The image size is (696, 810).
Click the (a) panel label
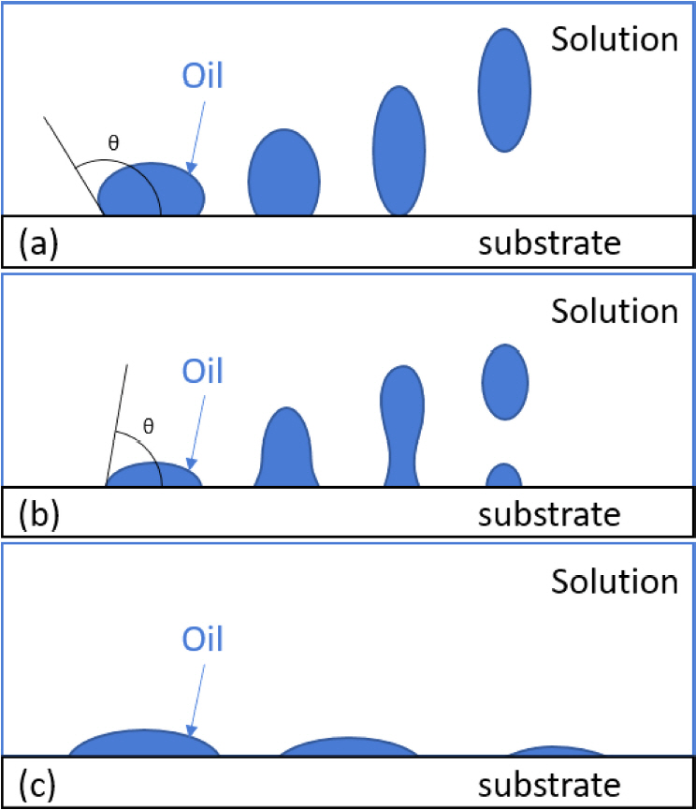(x=38, y=245)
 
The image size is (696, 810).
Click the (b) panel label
(x=38, y=515)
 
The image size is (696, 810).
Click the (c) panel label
(x=38, y=783)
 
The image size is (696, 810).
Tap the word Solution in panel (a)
(x=614, y=40)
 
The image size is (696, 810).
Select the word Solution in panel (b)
(x=614, y=311)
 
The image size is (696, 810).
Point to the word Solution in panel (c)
(x=614, y=582)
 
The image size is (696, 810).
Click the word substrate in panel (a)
(x=550, y=244)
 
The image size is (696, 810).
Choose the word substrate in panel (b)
(x=550, y=514)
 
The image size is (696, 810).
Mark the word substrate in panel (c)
(x=550, y=783)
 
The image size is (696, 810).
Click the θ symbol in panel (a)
(x=113, y=144)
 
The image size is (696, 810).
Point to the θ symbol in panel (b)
(x=148, y=426)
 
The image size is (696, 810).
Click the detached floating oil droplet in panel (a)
(x=505, y=89)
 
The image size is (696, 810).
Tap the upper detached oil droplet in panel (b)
(x=505, y=381)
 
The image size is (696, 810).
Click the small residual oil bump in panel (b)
(x=504, y=476)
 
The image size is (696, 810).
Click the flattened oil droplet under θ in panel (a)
(x=152, y=191)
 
